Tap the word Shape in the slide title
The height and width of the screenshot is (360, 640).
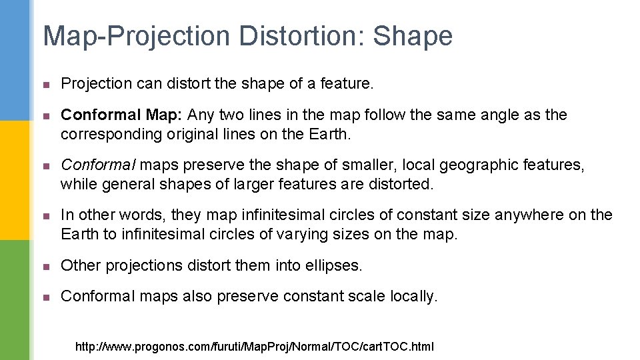click(413, 36)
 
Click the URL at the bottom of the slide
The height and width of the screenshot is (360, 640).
click(254, 347)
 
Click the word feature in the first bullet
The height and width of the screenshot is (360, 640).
click(351, 83)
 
